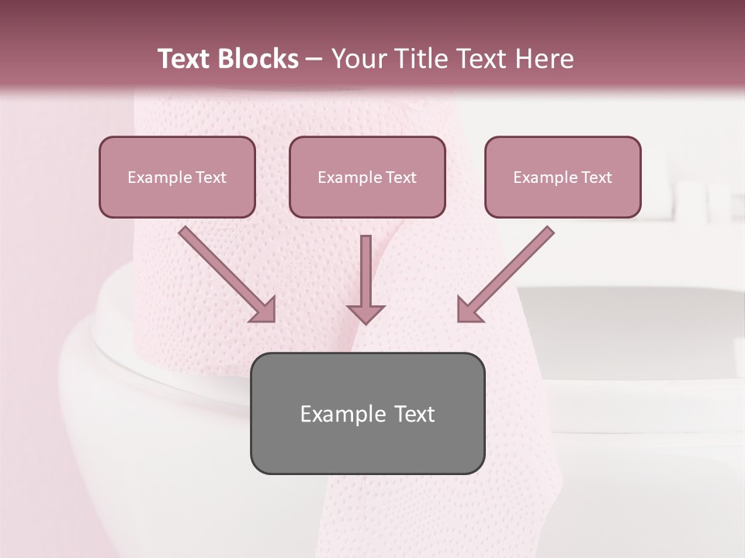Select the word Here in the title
[544, 59]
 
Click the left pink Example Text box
[177, 177]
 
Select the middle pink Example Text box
[367, 177]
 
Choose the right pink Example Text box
[563, 177]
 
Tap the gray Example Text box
[367, 413]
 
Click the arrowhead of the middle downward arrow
[366, 313]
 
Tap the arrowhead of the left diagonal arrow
[264, 310]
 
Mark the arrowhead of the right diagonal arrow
[469, 310]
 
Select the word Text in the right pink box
[596, 177]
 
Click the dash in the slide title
[314, 59]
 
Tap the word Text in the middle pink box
[400, 177]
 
